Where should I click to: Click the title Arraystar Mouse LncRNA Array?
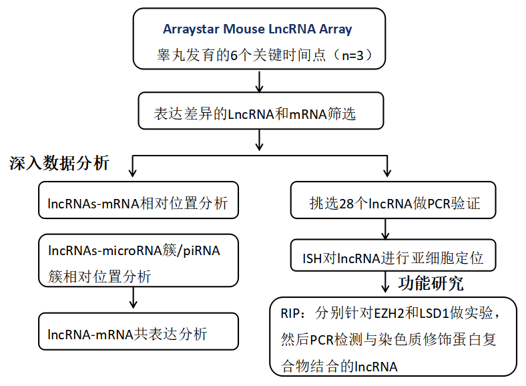point(257,29)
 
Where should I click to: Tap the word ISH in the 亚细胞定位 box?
point(314,256)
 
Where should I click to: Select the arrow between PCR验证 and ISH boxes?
point(385,229)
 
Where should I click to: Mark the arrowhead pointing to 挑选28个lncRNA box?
point(385,175)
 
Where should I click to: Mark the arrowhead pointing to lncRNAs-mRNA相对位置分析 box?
point(134,175)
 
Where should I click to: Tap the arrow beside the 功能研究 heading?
point(385,283)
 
